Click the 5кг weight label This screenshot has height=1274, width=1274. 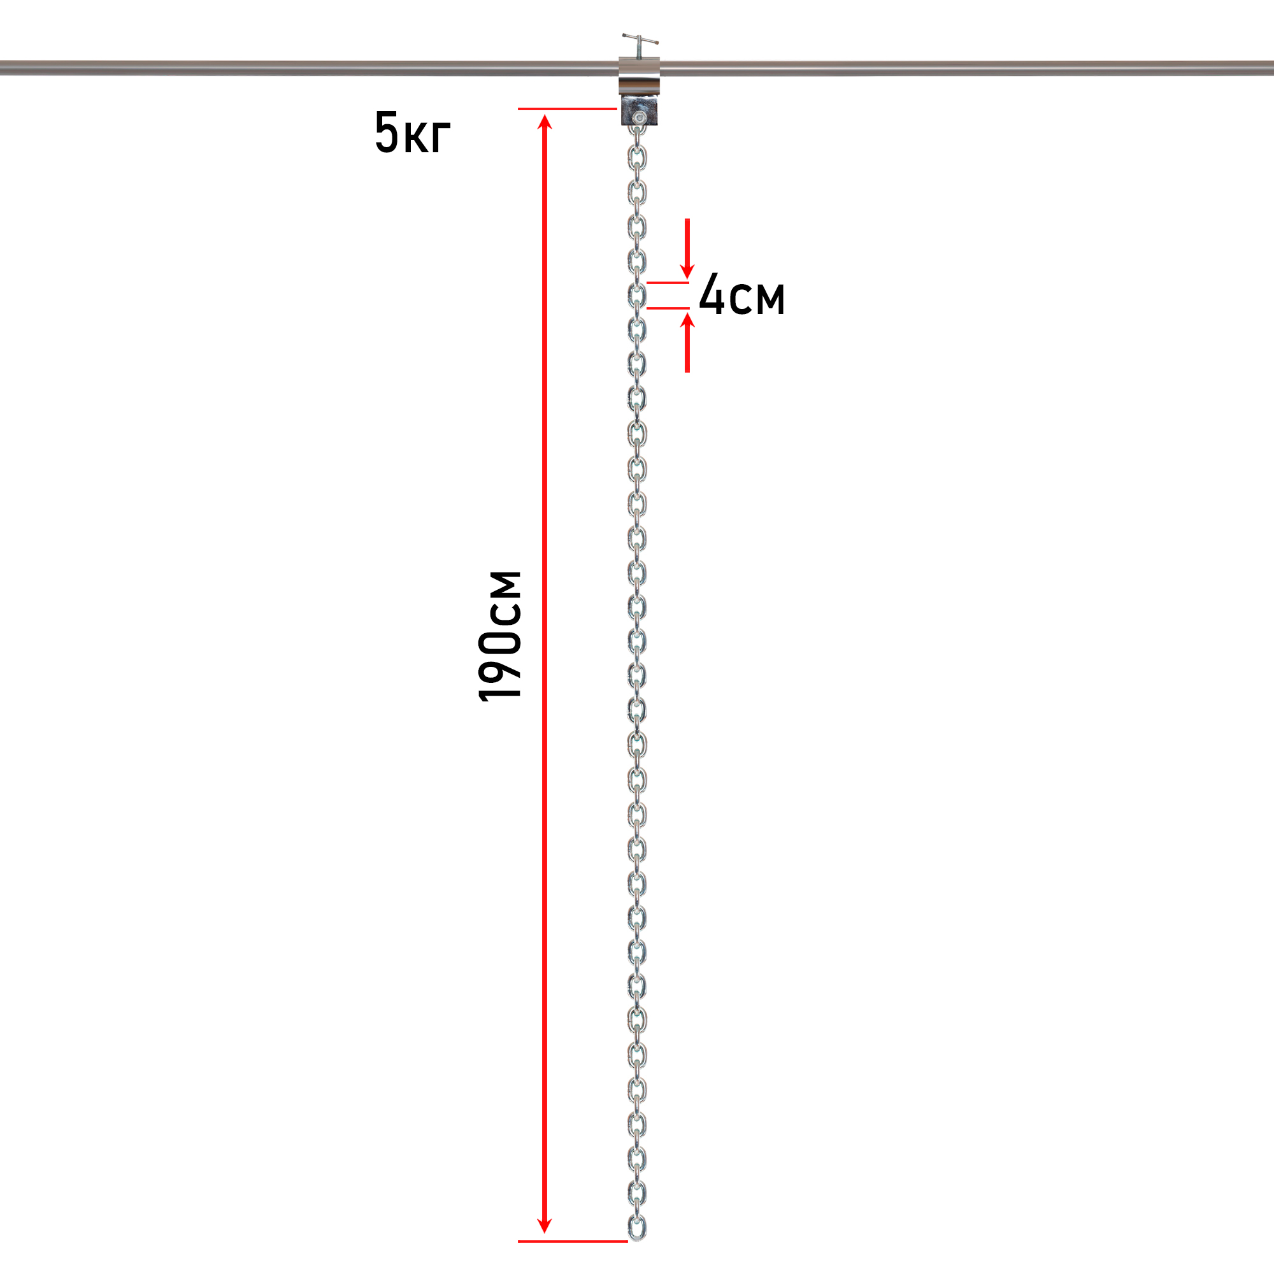[413, 132]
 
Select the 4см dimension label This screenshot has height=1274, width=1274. [742, 294]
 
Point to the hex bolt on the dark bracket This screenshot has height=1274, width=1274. [638, 118]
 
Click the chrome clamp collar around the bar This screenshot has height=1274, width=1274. [639, 76]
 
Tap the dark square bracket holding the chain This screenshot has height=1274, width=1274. [639, 111]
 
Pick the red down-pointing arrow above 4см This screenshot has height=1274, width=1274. [687, 248]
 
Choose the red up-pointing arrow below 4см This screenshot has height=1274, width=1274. [687, 342]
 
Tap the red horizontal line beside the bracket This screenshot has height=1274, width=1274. [567, 109]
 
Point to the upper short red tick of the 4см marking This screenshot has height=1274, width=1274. [668, 282]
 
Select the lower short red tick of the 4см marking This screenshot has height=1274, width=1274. [668, 308]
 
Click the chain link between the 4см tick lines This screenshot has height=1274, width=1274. [637, 295]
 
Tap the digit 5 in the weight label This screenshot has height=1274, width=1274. [387, 132]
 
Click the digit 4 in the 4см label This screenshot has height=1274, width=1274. [712, 292]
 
